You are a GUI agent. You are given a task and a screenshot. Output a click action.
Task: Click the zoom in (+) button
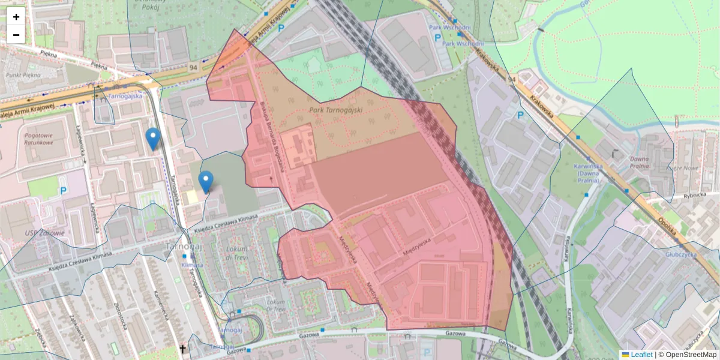tap(16, 17)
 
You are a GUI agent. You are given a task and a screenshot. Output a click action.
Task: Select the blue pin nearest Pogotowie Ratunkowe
tap(153, 139)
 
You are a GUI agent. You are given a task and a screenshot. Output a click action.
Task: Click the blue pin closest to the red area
tap(206, 182)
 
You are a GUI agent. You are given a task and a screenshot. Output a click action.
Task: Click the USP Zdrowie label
tap(44, 233)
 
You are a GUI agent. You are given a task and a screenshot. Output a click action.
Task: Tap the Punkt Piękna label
tap(22, 75)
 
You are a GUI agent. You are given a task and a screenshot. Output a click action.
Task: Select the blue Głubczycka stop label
tap(698, 254)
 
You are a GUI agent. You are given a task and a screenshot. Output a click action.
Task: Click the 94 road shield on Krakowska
tap(511, 79)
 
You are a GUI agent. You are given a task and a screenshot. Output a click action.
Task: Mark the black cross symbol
tap(183, 349)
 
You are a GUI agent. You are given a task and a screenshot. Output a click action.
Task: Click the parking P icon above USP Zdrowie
tap(64, 191)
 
